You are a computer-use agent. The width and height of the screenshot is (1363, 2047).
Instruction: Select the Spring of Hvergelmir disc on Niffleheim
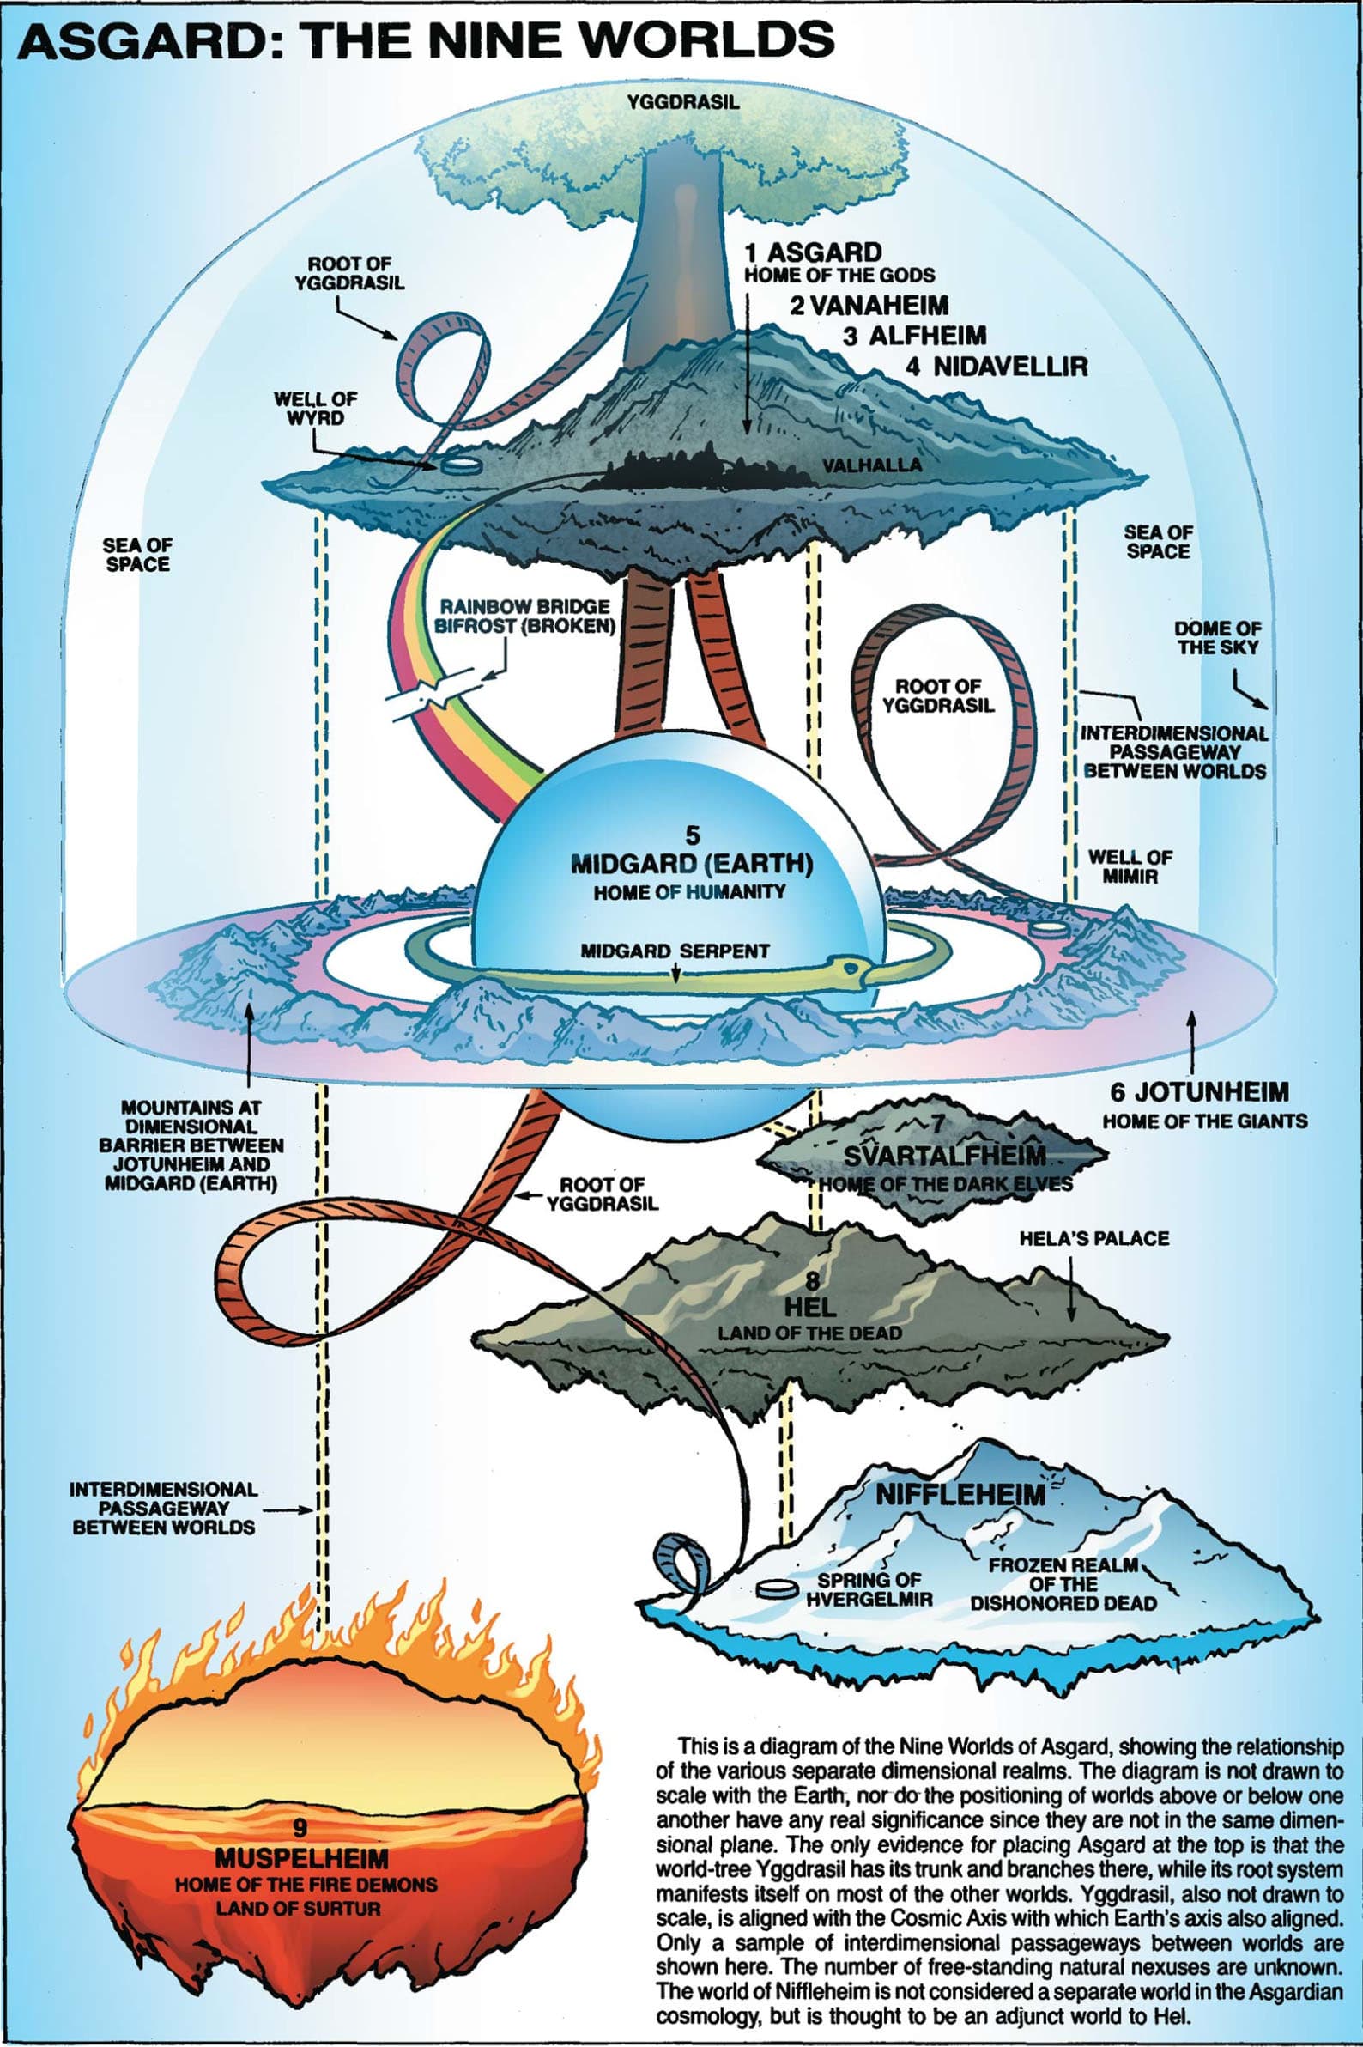[776, 1588]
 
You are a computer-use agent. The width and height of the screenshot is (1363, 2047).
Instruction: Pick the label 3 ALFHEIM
[914, 336]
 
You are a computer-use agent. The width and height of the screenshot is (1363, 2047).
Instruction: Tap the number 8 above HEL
[811, 1281]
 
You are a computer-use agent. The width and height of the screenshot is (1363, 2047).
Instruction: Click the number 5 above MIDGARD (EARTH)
[692, 836]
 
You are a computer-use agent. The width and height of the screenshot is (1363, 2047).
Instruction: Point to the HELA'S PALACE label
[1093, 1238]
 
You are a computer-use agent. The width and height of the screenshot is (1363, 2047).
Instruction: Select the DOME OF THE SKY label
[1217, 637]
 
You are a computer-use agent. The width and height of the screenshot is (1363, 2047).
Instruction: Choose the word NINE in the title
[482, 42]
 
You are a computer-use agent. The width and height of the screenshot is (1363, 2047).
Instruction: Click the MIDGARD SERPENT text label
[675, 951]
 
